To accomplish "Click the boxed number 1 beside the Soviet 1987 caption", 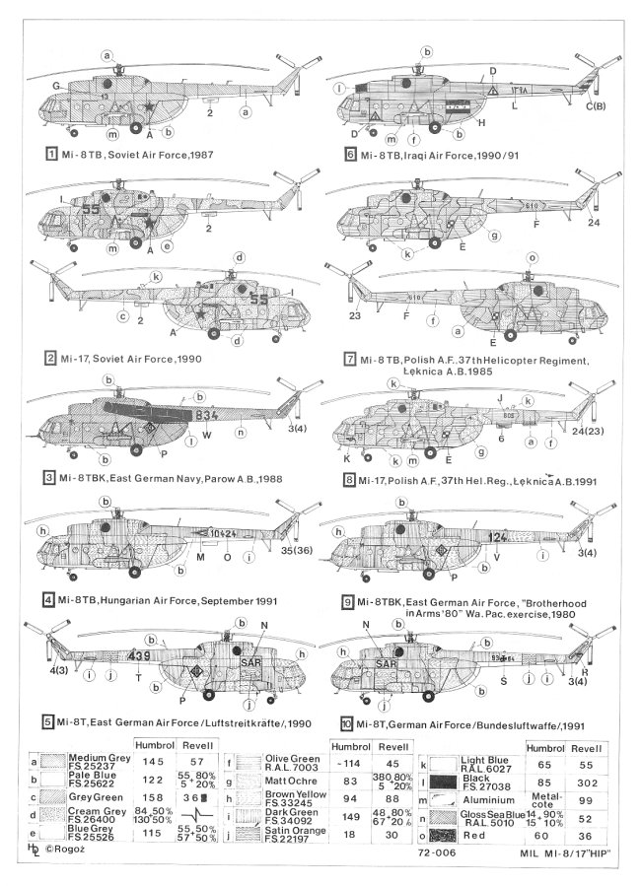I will click(x=49, y=155).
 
